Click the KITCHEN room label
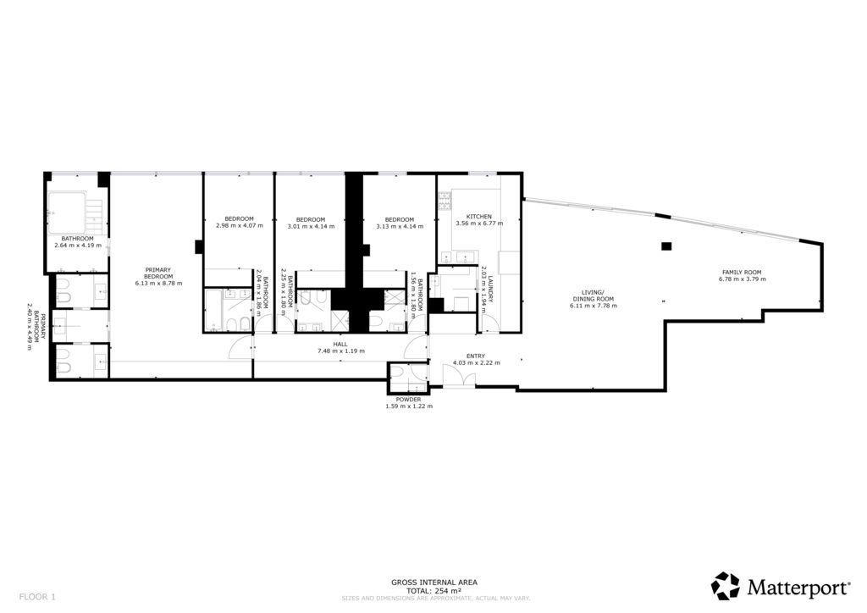click(x=479, y=217)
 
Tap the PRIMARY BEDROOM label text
click(x=158, y=273)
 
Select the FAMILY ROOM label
click(x=742, y=273)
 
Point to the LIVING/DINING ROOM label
click(x=594, y=295)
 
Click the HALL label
click(x=340, y=344)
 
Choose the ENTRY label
click(x=476, y=356)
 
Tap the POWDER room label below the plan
click(x=408, y=400)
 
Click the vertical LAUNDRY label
click(x=490, y=292)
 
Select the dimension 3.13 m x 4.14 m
click(x=400, y=226)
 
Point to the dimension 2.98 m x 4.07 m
click(x=240, y=225)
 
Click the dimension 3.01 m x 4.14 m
click(x=311, y=226)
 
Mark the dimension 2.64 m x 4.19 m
click(x=78, y=245)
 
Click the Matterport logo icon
click(x=725, y=586)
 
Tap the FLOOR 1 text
click(x=37, y=596)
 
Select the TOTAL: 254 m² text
click(x=434, y=590)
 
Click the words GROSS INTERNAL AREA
click(x=434, y=582)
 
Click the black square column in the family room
click(x=666, y=246)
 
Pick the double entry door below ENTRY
click(x=459, y=375)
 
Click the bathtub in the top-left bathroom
click(x=67, y=213)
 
